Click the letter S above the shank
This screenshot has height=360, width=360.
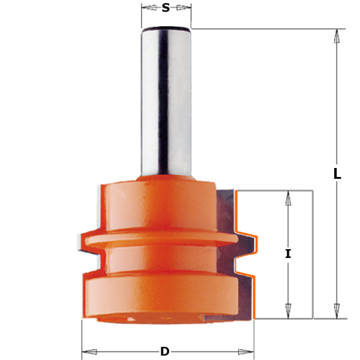[x=166, y=8]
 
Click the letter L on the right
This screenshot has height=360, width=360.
[x=337, y=174]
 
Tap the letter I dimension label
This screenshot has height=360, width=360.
[x=288, y=254]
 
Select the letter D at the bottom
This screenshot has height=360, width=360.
[x=164, y=352]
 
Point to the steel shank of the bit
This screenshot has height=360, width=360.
[x=167, y=102]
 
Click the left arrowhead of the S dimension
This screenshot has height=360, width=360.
[x=146, y=8]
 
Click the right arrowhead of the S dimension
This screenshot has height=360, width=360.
[x=187, y=8]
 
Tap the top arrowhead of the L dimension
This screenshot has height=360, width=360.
[x=337, y=35]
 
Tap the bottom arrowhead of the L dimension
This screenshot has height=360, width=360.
[x=337, y=313]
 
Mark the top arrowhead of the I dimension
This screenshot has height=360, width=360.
[x=288, y=197]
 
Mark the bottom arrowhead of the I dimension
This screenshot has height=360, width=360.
[x=288, y=312]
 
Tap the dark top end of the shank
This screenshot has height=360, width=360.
[x=166, y=28]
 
